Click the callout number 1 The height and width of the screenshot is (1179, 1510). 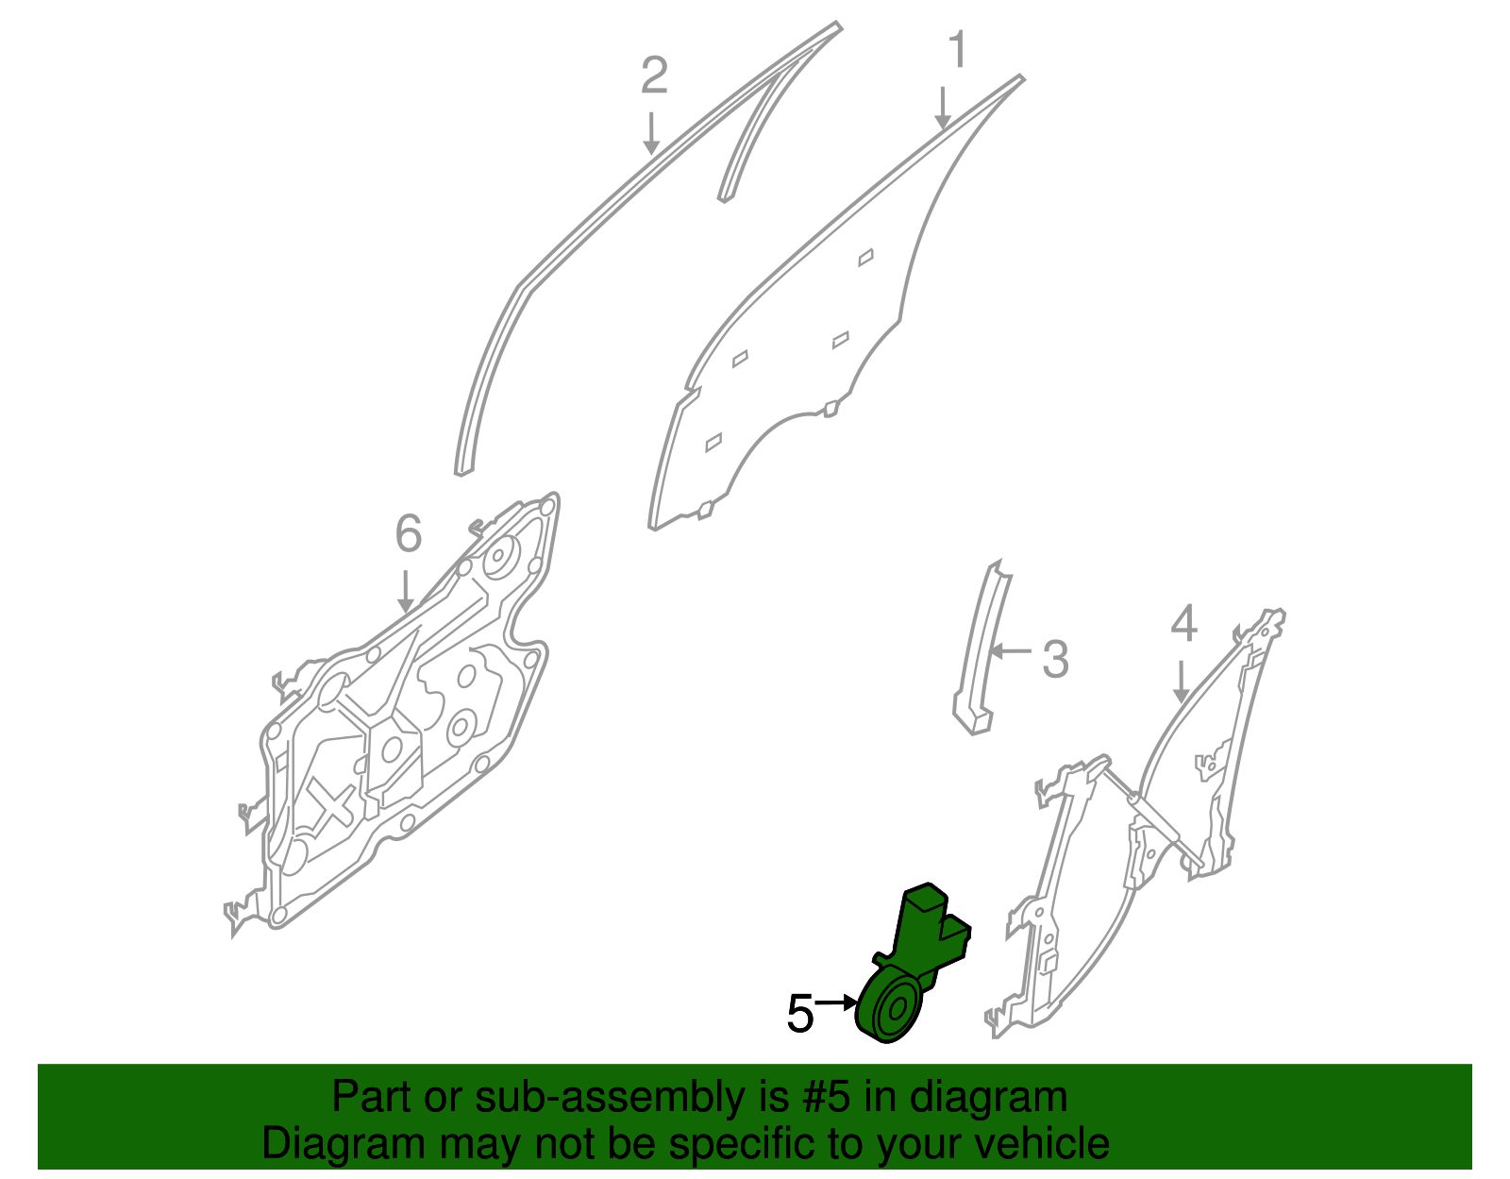[958, 49]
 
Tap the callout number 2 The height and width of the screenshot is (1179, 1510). [654, 75]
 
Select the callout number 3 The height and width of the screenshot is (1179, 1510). [1055, 659]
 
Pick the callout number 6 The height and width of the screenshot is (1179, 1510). [409, 533]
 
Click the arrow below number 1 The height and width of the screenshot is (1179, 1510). [942, 109]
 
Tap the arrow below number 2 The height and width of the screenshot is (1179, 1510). [651, 133]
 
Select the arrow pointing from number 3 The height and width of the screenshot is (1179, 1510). [1011, 651]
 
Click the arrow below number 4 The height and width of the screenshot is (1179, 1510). [1181, 681]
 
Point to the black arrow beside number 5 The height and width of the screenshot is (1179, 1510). [835, 1002]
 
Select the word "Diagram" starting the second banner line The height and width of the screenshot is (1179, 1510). [344, 1145]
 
